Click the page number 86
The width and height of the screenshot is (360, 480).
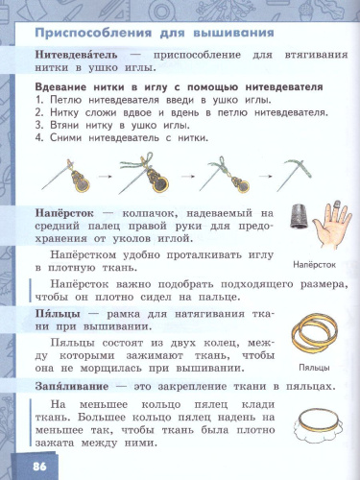coord(38,466)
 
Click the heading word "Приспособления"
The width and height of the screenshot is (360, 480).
coord(82,33)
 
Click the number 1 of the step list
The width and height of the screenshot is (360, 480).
coord(36,100)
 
